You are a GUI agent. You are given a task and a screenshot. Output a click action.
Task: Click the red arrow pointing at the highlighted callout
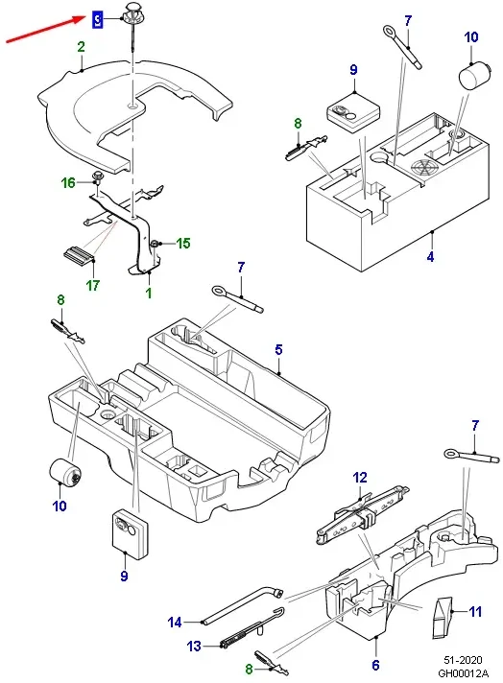coord(45,29)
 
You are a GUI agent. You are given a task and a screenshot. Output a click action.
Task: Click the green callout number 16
coord(68,182)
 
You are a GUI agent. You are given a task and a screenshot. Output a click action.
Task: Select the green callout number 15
coord(183,243)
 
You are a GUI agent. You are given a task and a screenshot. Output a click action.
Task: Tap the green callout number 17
coord(93,285)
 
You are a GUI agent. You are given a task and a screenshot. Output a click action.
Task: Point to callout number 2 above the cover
coord(82,47)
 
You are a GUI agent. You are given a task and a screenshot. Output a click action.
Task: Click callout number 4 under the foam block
coord(430,256)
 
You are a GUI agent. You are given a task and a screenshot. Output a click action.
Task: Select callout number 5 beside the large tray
coord(278,349)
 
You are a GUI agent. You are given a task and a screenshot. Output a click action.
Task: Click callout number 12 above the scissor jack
coord(360,478)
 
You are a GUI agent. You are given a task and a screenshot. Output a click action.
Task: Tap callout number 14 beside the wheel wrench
coord(175,622)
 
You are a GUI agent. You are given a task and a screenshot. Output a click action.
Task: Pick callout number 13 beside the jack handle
coord(195,646)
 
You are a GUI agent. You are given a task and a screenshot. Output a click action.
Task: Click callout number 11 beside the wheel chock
coord(475,612)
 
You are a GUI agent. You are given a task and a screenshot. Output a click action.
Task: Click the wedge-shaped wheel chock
coord(442,618)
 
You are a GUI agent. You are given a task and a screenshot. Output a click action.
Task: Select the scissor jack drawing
coord(363,513)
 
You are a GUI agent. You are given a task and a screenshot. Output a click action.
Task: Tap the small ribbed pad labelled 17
coord(77,253)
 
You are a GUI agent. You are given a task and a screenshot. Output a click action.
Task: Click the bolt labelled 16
coord(97,177)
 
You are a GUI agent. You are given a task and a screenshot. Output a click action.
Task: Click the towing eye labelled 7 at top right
coord(402,47)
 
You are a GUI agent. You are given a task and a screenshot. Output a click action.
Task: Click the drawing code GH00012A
coord(464,673)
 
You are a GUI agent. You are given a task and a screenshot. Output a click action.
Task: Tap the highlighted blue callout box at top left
coord(98,19)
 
